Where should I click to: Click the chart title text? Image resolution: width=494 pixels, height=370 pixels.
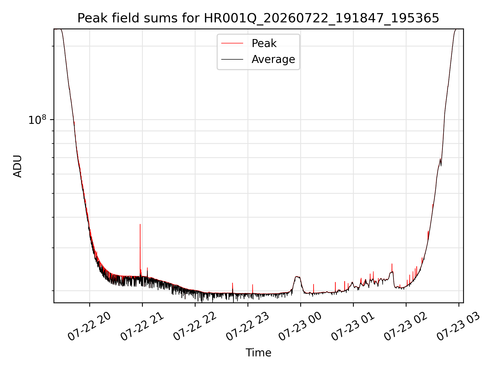pyautogui.click(x=258, y=18)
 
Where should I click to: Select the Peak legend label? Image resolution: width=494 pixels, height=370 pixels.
pyautogui.click(x=264, y=43)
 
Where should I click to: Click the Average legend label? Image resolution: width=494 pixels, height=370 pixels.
pyautogui.click(x=273, y=59)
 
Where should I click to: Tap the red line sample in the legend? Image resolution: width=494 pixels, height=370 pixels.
pyautogui.click(x=232, y=43)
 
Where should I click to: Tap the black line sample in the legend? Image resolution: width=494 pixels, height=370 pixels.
pyautogui.click(x=232, y=59)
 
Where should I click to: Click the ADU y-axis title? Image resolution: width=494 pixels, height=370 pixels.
pyautogui.click(x=17, y=166)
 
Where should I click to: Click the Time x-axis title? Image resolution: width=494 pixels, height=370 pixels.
pyautogui.click(x=258, y=353)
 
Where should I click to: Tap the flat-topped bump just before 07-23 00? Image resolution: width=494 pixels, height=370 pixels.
pyautogui.click(x=297, y=277)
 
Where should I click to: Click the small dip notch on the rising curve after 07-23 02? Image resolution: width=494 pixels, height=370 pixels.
pyautogui.click(x=441, y=164)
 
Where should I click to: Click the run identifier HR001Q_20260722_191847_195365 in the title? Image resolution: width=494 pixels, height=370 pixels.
pyautogui.click(x=321, y=18)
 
